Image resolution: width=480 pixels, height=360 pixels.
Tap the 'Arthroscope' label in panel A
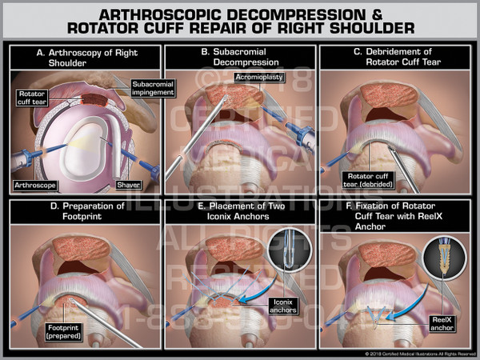point(34,185)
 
